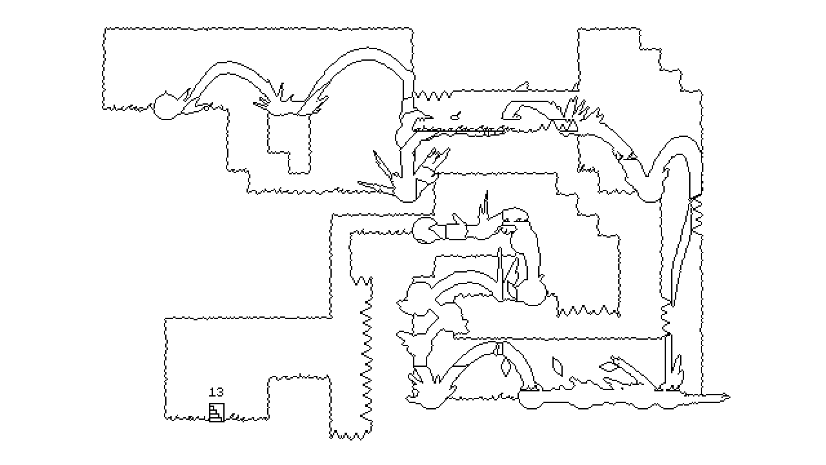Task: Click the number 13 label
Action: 216,392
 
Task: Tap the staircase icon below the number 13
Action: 216,412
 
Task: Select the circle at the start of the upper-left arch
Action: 166,107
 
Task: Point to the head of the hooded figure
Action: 516,215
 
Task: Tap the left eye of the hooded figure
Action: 507,221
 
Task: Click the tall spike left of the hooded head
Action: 485,206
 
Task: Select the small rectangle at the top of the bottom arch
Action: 499,349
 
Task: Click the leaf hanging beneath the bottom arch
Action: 505,366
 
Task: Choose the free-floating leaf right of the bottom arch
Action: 557,366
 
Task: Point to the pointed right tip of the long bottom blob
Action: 729,397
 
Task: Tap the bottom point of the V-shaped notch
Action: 647,176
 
